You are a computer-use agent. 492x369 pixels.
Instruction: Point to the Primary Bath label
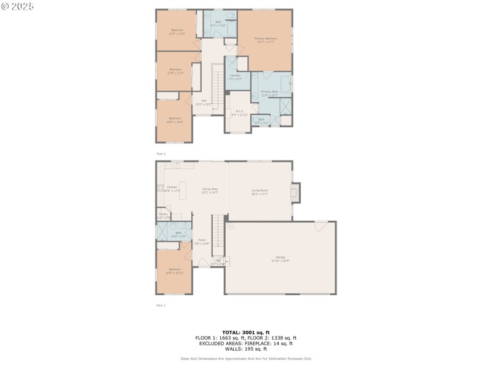coord(269,93)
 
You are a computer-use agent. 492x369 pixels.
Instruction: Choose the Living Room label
coord(260,191)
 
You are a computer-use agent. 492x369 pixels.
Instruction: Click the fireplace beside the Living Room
coord(295,193)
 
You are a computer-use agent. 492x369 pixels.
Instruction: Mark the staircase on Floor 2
coord(216,87)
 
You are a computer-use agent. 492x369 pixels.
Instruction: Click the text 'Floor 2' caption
coord(161,154)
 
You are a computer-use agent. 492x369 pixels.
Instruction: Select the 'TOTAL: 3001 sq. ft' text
coord(246,333)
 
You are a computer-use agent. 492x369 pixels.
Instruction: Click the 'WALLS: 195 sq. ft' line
coord(246,349)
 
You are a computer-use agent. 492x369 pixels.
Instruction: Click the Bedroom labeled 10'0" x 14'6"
coord(175,120)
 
